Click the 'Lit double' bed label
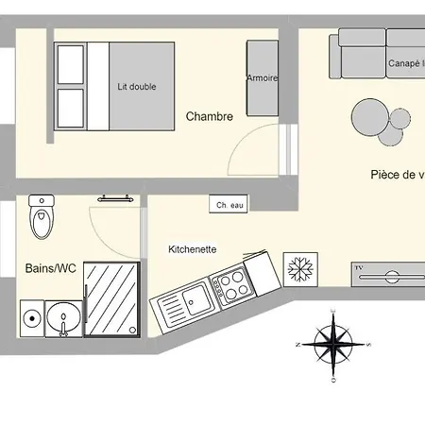click(137, 87)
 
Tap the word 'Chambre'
click(209, 117)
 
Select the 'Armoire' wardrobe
click(262, 78)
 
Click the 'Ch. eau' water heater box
click(229, 204)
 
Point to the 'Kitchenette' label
click(193, 249)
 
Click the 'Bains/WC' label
click(50, 268)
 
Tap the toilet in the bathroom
click(42, 219)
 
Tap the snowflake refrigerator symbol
click(299, 268)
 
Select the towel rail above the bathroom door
click(113, 198)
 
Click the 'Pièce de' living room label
click(396, 175)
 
